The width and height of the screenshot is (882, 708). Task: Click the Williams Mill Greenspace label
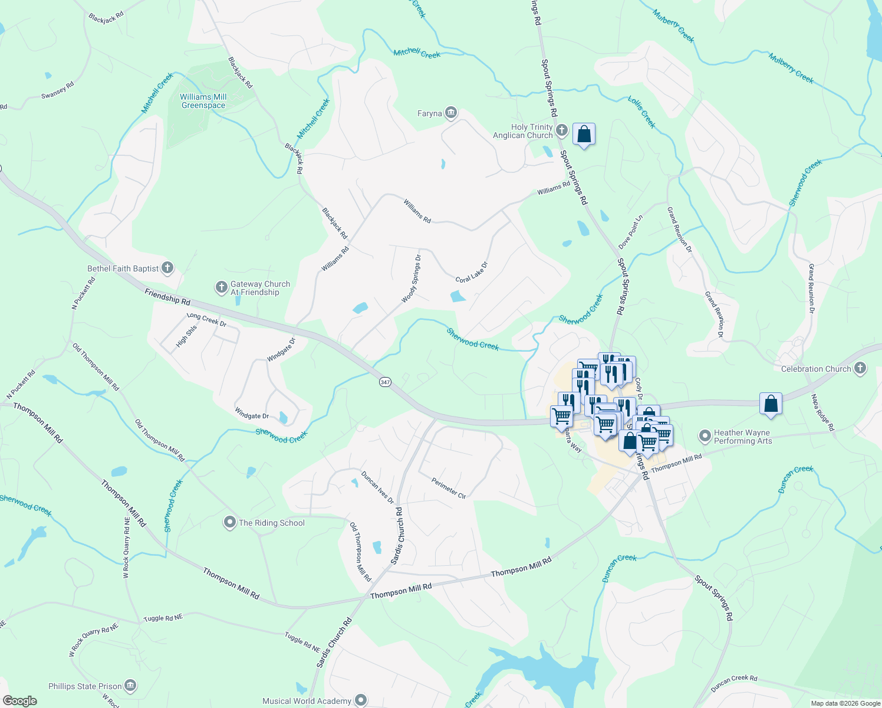tap(203, 101)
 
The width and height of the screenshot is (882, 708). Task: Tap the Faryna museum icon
tap(451, 113)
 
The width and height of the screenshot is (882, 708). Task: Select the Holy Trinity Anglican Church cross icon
tap(562, 130)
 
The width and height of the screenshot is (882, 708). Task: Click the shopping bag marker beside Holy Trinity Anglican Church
tap(584, 135)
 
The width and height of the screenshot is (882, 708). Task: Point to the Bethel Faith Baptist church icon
tap(167, 268)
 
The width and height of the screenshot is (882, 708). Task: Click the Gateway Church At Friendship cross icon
tap(222, 287)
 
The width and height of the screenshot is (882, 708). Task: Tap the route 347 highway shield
tap(385, 382)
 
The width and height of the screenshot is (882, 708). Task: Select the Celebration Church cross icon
tap(860, 368)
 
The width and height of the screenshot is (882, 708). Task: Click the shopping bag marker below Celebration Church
tap(771, 404)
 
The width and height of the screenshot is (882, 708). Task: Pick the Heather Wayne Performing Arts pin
tap(705, 437)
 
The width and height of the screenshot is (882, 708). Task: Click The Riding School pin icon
tap(230, 522)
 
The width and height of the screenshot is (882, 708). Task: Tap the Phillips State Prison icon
tap(131, 686)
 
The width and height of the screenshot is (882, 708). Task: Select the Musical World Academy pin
tap(361, 700)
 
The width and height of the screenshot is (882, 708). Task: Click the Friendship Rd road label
tap(168, 297)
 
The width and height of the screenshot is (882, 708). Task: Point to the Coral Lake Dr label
tap(472, 272)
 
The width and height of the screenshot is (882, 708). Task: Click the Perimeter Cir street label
tap(449, 488)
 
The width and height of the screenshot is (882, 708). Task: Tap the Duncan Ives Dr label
tap(377, 487)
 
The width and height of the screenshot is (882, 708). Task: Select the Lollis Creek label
tap(641, 112)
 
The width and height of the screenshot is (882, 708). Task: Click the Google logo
tap(19, 701)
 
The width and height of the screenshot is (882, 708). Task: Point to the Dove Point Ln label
tap(630, 232)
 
